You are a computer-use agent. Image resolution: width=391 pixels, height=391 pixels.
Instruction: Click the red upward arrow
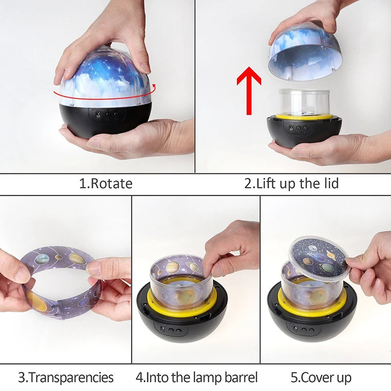[x=249, y=89]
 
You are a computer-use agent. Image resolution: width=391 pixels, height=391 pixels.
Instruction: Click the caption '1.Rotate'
[x=106, y=184]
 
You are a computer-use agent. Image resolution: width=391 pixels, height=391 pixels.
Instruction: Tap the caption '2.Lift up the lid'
[x=291, y=184]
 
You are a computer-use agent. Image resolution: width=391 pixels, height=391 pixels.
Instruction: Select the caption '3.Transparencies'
[x=66, y=377]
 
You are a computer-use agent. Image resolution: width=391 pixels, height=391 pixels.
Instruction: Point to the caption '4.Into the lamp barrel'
[x=196, y=377]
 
